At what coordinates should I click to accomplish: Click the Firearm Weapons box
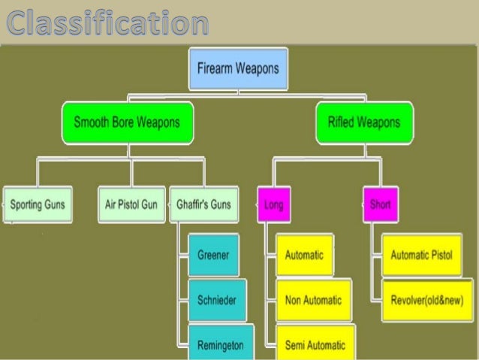tap(237, 68)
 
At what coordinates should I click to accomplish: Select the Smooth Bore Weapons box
tap(127, 123)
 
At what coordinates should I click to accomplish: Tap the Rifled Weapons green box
tap(364, 123)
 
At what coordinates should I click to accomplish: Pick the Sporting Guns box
tap(38, 204)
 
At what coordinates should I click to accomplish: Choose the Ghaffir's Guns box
tap(204, 204)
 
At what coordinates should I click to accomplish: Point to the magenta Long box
tap(274, 204)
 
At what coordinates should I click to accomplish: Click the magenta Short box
tap(380, 204)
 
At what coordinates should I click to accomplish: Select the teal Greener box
tap(213, 256)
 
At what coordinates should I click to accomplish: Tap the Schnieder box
tap(216, 300)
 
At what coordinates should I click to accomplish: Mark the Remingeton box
tap(220, 343)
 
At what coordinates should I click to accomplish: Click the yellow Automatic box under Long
tap(305, 256)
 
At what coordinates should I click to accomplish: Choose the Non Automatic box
tap(312, 300)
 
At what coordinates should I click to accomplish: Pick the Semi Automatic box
tap(315, 345)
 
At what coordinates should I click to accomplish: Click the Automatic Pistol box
tap(422, 256)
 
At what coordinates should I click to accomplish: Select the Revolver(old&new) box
tap(426, 300)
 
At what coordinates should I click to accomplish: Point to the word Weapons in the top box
tap(255, 68)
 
